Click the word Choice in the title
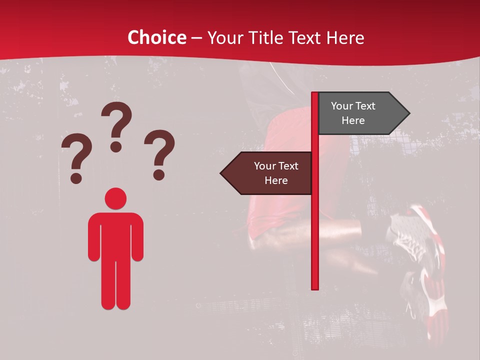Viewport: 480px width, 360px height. pos(156,37)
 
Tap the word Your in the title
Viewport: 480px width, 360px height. pos(225,37)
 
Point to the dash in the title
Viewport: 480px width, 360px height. pos(196,38)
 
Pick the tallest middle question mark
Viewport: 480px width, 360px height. pos(116,125)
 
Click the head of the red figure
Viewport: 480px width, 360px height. pos(115,198)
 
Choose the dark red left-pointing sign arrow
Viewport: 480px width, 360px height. pos(267,173)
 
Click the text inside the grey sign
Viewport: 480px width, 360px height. pos(353,113)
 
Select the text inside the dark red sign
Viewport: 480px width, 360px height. pos(276,173)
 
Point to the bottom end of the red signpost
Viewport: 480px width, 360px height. pos(315,287)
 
